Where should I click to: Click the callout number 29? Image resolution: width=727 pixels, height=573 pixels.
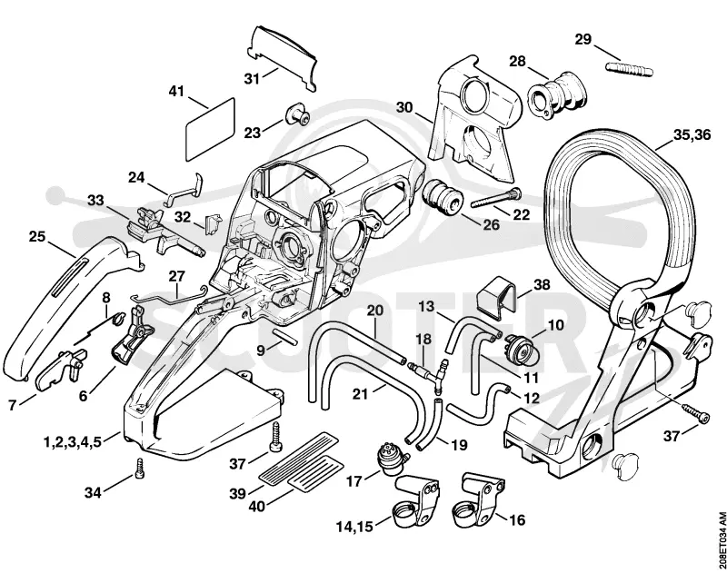coord(583,39)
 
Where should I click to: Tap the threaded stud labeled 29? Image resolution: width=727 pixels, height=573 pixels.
coord(629,69)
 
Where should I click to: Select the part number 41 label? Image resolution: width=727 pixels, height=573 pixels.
coord(176,91)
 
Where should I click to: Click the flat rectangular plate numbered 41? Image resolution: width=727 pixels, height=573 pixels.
coord(210,129)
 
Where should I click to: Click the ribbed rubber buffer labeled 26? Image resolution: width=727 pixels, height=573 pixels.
coord(443,197)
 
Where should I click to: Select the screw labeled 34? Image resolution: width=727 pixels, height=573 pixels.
coord(139,469)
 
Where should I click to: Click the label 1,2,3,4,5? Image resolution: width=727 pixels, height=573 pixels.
coord(73,441)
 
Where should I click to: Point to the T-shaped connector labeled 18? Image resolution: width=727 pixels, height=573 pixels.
coord(427,372)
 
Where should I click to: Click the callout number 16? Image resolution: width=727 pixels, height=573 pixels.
coord(517,519)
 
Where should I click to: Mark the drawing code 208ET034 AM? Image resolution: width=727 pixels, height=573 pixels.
coord(721,538)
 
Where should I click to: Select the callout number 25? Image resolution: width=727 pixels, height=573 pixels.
coord(37,236)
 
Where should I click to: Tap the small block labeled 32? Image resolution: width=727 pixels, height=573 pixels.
coord(214,222)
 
